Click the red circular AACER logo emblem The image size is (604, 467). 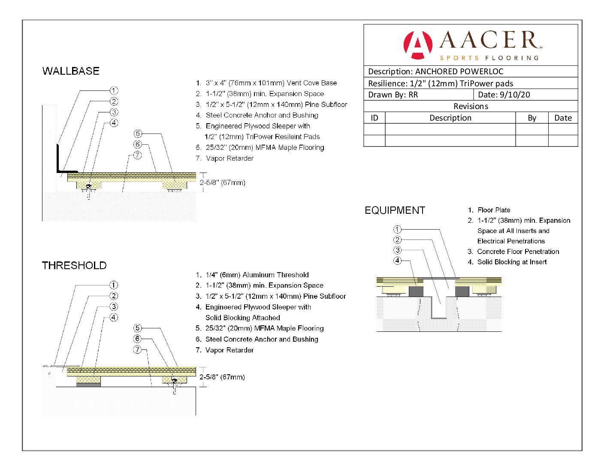(x=417, y=45)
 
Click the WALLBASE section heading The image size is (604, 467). (x=71, y=71)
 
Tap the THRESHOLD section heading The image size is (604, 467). (x=74, y=265)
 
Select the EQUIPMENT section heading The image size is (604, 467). (x=395, y=210)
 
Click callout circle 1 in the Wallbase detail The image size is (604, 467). (x=114, y=91)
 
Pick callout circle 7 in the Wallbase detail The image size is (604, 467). (x=137, y=155)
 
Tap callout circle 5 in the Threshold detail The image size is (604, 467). (x=137, y=328)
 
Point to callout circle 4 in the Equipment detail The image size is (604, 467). (x=398, y=261)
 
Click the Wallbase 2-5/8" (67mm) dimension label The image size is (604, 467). (x=222, y=182)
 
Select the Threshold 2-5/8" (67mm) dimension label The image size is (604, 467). (x=222, y=377)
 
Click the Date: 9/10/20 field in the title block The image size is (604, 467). (x=504, y=94)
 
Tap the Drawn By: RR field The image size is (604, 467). (x=393, y=95)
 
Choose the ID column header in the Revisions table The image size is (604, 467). (x=374, y=118)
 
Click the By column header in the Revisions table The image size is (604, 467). (x=532, y=118)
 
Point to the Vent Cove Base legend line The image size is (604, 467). (x=266, y=83)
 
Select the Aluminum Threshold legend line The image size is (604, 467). (x=252, y=275)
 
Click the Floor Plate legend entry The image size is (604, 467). (x=489, y=210)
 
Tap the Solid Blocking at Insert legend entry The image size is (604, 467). (x=507, y=262)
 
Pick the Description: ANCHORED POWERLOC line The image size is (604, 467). (x=435, y=72)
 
